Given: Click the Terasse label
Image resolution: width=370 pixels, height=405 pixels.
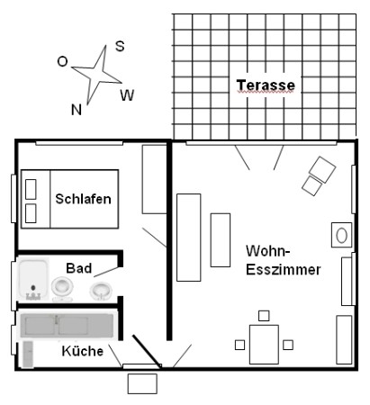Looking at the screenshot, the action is click(x=266, y=85).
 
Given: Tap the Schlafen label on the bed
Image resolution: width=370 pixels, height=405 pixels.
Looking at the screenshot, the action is click(x=83, y=199).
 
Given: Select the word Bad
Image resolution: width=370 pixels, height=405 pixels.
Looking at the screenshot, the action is click(x=78, y=268).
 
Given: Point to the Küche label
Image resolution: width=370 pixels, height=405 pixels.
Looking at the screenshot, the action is click(x=83, y=351).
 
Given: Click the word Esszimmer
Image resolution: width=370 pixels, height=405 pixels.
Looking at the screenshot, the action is click(x=284, y=269).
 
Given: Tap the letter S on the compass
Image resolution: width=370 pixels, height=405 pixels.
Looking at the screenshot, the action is click(x=120, y=46).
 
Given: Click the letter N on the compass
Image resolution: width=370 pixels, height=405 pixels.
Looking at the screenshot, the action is click(x=77, y=110).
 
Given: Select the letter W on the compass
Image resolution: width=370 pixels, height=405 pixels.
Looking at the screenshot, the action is click(x=127, y=95).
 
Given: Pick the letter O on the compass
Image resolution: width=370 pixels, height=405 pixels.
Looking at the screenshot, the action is click(x=62, y=62).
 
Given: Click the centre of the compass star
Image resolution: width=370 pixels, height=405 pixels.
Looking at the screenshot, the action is click(x=97, y=74).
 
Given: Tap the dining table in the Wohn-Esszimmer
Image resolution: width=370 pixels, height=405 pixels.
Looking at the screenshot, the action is click(x=264, y=345).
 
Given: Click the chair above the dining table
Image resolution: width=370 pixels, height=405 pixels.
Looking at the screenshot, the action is click(x=264, y=316).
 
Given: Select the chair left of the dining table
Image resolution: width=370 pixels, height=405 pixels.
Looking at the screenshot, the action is click(x=239, y=345).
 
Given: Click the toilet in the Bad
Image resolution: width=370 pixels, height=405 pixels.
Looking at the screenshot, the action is click(x=62, y=288).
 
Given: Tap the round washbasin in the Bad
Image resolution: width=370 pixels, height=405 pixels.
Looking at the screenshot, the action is click(x=101, y=291).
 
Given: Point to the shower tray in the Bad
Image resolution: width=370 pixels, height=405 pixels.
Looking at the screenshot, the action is click(x=32, y=280).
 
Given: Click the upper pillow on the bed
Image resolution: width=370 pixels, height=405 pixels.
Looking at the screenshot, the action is click(x=31, y=189).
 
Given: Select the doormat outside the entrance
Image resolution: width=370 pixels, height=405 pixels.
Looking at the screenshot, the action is click(x=142, y=383).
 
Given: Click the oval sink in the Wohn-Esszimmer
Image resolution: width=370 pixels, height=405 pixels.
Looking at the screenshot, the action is click(x=341, y=235).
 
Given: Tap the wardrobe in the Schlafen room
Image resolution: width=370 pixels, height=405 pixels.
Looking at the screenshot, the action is click(x=154, y=179).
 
